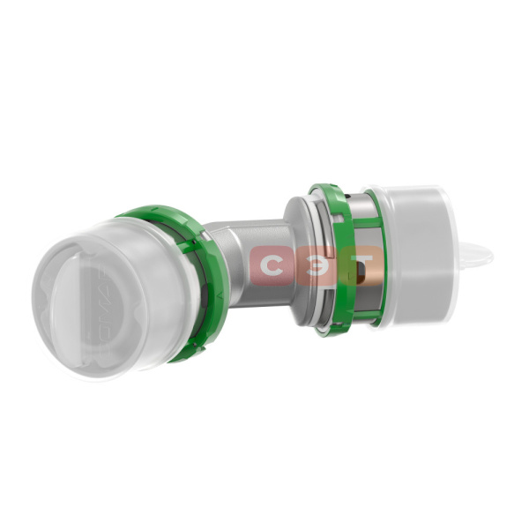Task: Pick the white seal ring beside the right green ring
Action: point(317,264)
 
